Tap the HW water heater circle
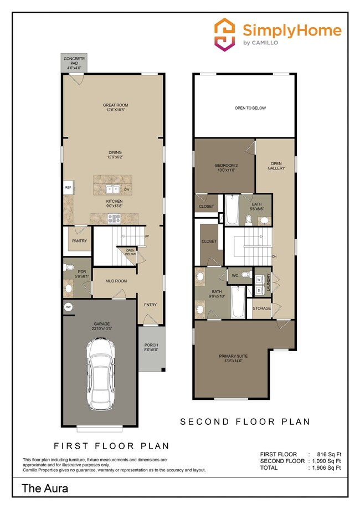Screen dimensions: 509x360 69,307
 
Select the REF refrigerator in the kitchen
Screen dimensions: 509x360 68,188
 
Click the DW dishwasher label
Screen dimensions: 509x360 127,190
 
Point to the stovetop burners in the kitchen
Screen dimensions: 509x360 115,218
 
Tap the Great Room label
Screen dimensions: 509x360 115,107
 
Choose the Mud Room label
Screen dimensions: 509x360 117,281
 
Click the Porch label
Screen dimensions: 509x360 151,347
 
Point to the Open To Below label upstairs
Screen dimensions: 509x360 250,108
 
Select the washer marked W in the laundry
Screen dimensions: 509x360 259,280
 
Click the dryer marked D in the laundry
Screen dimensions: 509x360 259,290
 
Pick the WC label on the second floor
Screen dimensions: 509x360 235,274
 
